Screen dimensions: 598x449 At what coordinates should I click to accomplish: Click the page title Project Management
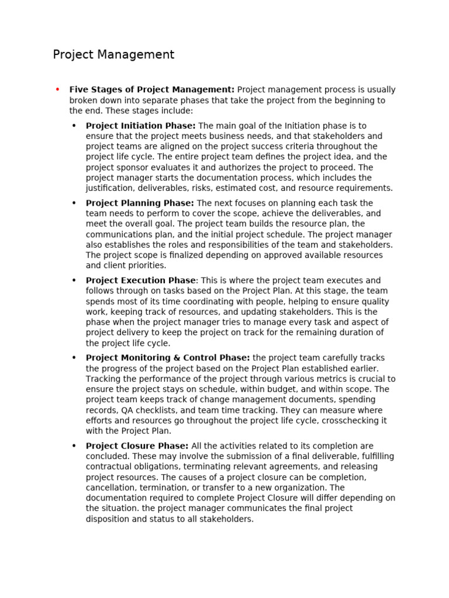pos(113,55)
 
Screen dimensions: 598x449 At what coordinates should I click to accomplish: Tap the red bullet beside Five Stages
pos(57,89)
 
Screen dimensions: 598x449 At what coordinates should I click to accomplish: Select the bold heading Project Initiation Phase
pos(140,126)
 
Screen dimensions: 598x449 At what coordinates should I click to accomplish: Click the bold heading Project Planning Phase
pos(140,203)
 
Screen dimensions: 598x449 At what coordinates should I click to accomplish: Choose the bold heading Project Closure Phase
pos(137,446)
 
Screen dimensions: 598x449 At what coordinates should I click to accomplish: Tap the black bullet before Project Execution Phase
pos(74,281)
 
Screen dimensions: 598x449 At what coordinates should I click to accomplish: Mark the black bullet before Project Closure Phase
pos(74,446)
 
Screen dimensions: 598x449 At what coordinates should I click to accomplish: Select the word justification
pos(112,189)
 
